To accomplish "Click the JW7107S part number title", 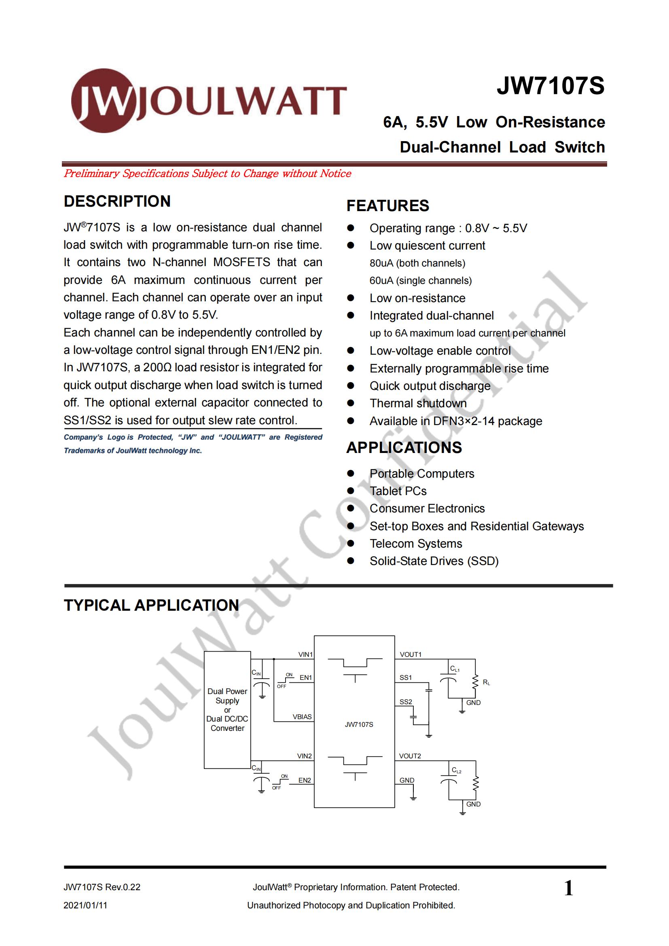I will point(550,86).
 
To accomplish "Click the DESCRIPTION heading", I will point(117,201).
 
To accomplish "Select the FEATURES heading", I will point(387,205).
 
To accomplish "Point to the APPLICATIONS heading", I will point(404,447).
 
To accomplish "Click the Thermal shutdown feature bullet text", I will point(418,403).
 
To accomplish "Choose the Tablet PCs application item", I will point(398,491).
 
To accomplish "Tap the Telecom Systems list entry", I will point(415,544).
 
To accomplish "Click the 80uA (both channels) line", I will point(417,263).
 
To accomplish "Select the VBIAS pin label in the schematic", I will point(302,717).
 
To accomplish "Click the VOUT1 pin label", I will point(410,654).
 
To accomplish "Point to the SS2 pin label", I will point(406,702).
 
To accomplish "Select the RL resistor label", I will point(486,683).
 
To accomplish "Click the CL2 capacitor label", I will point(456,770).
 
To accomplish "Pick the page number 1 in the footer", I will point(568,887).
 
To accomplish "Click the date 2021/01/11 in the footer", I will point(85,905).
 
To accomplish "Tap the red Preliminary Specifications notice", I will point(207,174).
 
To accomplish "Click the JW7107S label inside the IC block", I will point(359,724).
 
